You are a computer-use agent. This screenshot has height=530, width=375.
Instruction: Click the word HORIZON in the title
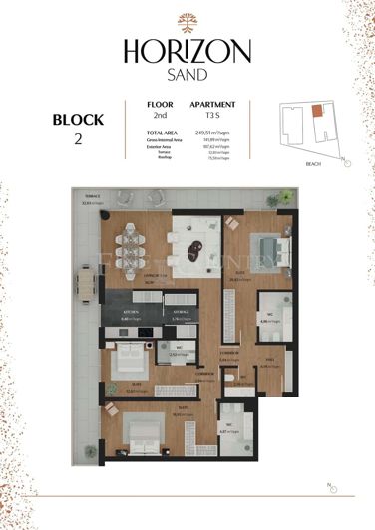tap(187, 51)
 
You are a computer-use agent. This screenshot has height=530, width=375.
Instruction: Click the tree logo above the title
tap(187, 22)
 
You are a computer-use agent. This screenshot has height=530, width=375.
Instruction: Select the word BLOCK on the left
tap(78, 120)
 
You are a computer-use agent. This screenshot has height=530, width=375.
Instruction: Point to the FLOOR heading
tap(160, 104)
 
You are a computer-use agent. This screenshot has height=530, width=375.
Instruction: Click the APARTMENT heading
tap(212, 104)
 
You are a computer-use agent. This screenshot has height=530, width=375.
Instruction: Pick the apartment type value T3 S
tap(211, 116)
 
